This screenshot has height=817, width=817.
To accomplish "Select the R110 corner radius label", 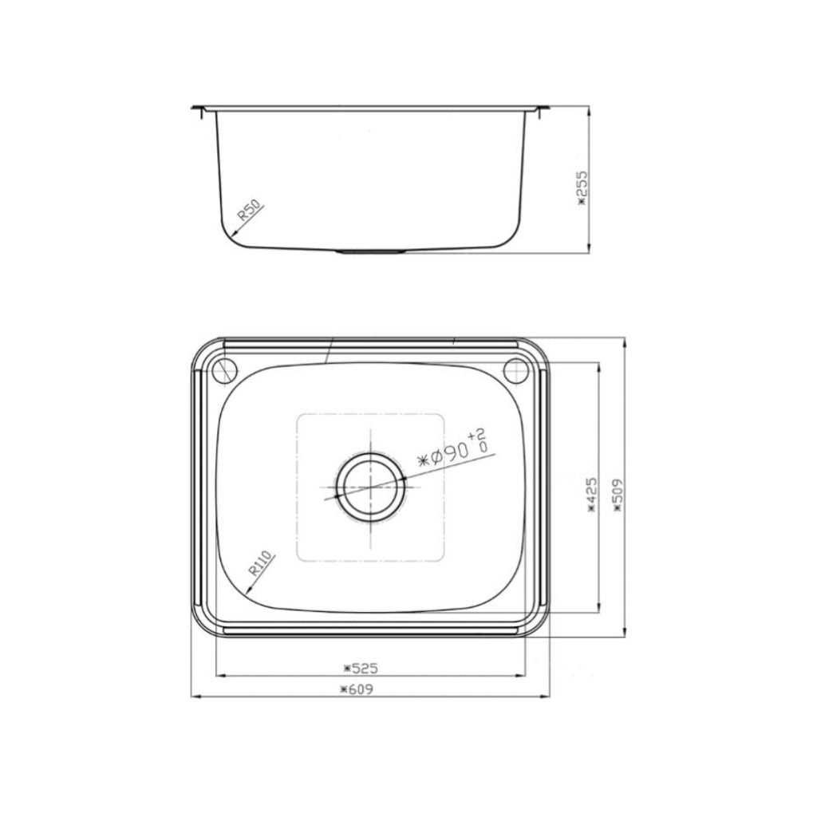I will point(261,564).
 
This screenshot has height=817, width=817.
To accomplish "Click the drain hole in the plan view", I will point(370,487).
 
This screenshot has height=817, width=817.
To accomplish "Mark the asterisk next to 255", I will point(582,201).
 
